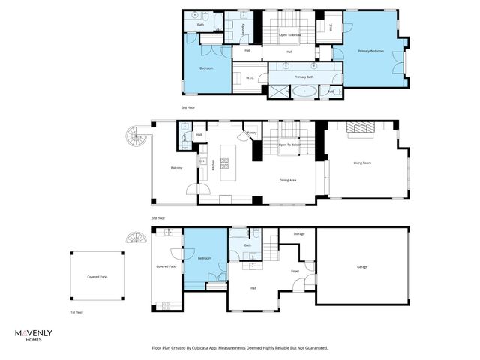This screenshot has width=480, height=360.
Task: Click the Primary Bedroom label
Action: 371,51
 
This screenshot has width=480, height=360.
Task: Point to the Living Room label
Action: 363,163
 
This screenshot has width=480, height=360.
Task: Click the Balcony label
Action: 176,168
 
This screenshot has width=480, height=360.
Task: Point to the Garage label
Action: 361,267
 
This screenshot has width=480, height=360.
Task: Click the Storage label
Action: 298,234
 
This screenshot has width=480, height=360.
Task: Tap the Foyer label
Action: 295,271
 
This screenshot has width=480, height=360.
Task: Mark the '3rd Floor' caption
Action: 187,107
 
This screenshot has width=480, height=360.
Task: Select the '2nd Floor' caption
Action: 157,218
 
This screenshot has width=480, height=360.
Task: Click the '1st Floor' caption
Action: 76,311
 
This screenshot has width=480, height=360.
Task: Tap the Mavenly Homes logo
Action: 34,334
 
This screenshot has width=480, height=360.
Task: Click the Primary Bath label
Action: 303,76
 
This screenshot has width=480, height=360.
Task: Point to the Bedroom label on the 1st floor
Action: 204,259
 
